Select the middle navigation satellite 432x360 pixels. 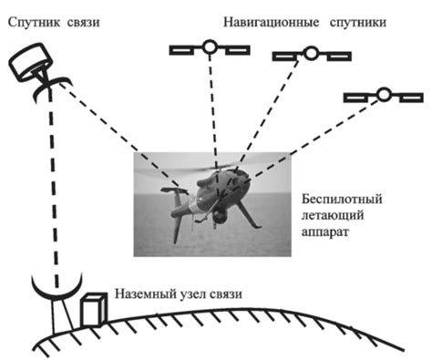point(311,56)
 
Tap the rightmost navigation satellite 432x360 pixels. point(384,95)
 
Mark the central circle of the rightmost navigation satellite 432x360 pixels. point(384,95)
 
